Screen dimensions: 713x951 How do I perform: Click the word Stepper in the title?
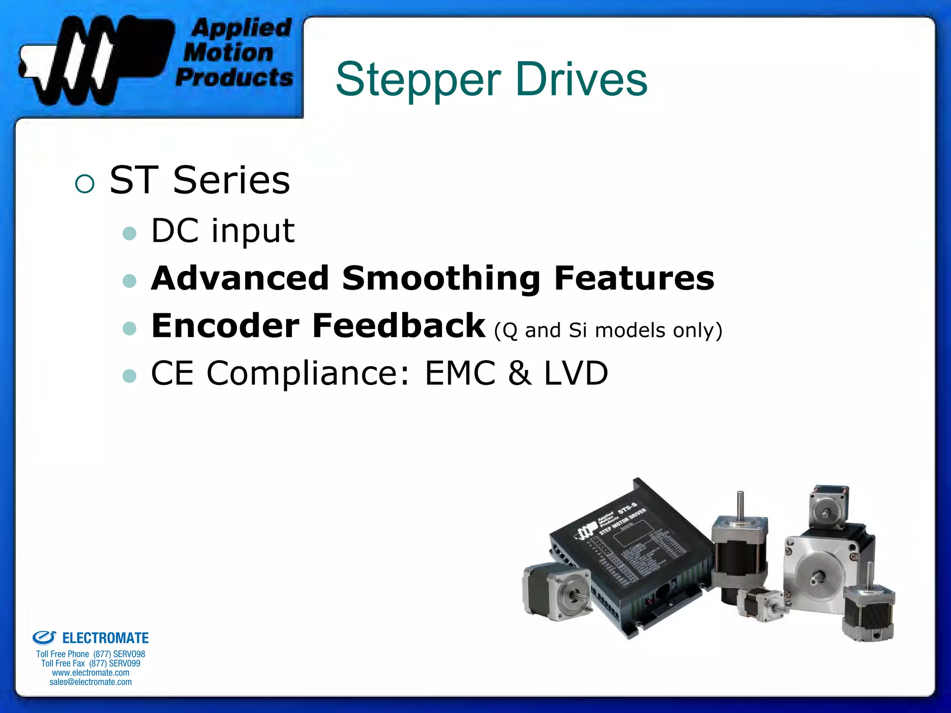coord(418,80)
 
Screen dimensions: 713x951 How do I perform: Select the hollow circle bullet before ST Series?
coord(85,183)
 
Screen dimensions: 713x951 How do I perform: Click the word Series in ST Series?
coord(231,180)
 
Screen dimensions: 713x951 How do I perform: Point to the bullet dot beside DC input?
coord(130,233)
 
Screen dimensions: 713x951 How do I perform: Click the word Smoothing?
coord(441,278)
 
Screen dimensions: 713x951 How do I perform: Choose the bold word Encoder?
coord(225,326)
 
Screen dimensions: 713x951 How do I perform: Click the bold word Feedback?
coord(398,326)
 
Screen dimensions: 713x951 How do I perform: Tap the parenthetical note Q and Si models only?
coord(608,331)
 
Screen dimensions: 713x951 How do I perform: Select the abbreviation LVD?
coord(576,373)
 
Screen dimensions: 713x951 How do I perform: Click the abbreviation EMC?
coord(460,373)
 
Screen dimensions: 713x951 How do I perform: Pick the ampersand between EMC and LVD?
coord(520,373)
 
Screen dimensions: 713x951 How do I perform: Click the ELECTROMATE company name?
coord(105,638)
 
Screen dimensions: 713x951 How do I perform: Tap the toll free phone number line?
coord(91,654)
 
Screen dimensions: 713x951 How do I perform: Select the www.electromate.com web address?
coord(91,673)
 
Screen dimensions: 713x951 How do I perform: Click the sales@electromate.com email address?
coord(91,682)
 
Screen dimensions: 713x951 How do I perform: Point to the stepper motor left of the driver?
coord(557,592)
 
